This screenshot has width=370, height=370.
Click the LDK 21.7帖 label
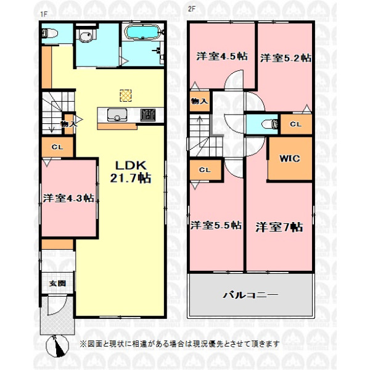coord(131,172)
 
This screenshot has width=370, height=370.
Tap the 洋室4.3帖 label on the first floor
coord(68,198)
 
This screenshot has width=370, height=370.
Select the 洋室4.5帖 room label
coord(222,56)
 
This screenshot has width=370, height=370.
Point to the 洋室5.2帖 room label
coord(286,58)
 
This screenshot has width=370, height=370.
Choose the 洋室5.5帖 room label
coord(216,225)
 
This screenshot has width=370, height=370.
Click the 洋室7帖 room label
coord(279,227)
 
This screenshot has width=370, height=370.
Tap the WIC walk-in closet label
coord(290,158)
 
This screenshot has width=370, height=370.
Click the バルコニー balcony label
coord(250,295)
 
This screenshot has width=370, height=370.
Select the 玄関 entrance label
coord(57,284)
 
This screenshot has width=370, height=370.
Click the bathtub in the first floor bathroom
coord(143,32)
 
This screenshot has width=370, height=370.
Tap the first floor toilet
coord(50,33)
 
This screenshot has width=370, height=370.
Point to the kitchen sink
coord(117,115)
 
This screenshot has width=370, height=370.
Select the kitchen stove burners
coord(148,115)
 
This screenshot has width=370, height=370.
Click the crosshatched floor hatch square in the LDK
coord(126,96)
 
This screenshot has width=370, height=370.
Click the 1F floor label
coord(44,14)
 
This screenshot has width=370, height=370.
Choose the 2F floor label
coord(192,9)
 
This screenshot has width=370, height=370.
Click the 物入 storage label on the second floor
coord(200,101)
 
